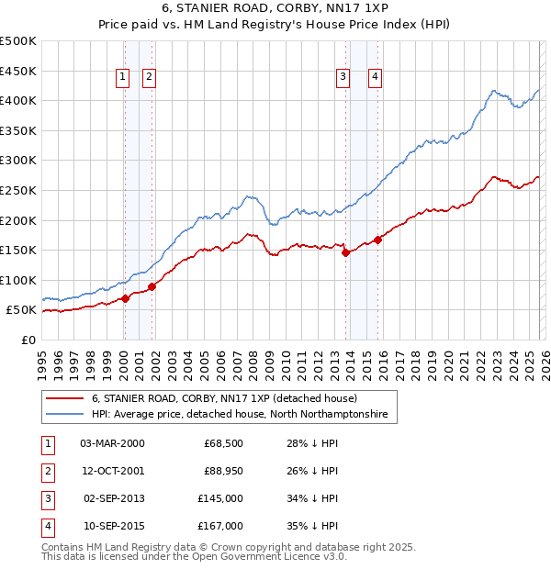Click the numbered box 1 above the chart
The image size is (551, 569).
[x=123, y=78]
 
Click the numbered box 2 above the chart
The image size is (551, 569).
[x=149, y=78]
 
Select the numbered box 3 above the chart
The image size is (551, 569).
[x=343, y=78]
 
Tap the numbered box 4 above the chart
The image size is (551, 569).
[x=376, y=78]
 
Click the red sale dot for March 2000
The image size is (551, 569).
[x=125, y=298]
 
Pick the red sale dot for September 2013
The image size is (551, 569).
[x=345, y=253]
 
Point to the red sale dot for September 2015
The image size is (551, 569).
[x=377, y=240]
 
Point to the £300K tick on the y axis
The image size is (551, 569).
[x=18, y=160]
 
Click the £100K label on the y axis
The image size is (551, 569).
[x=18, y=280]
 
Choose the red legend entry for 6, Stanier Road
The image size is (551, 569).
[x=230, y=398]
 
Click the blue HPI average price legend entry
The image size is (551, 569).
[x=239, y=415]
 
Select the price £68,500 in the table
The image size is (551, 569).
[x=223, y=443]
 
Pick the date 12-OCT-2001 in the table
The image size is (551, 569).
[x=112, y=471]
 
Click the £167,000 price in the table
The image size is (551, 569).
[x=221, y=526]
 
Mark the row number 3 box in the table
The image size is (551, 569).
[x=46, y=498]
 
